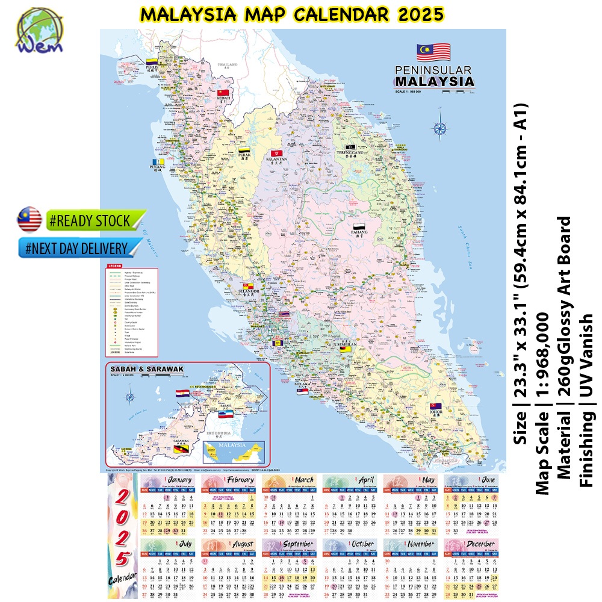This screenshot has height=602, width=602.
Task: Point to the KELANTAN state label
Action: (278, 162)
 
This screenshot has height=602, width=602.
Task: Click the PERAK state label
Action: (244, 156)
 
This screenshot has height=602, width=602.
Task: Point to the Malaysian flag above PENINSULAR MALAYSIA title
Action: (433, 53)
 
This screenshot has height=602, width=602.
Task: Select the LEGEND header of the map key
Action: (114, 265)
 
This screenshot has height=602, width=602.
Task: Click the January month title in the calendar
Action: (179, 479)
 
